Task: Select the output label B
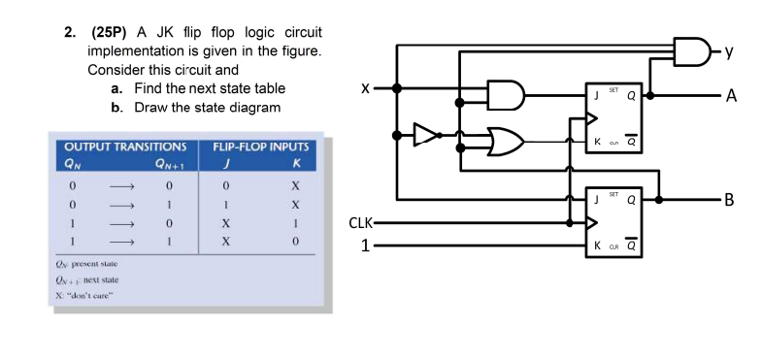pyautogui.click(x=730, y=202)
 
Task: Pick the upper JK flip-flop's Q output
pyautogui.click(x=632, y=95)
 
